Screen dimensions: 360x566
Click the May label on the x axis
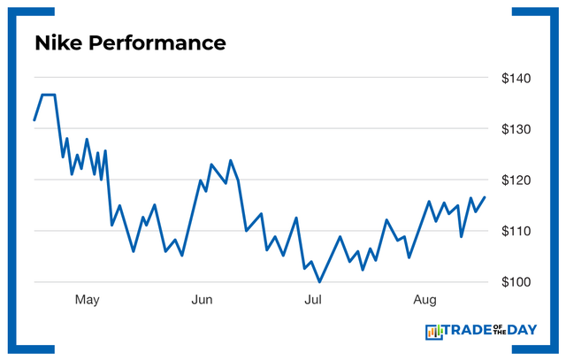[87, 301]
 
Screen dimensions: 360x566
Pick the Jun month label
[203, 301]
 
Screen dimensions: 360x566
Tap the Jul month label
[312, 301]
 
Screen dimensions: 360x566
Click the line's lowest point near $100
[319, 281]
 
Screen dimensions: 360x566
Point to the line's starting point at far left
[34, 119]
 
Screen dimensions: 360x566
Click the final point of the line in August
[485, 197]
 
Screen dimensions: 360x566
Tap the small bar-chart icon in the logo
[433, 332]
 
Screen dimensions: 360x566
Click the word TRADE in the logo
[470, 332]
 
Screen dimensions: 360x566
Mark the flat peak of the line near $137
[49, 95]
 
